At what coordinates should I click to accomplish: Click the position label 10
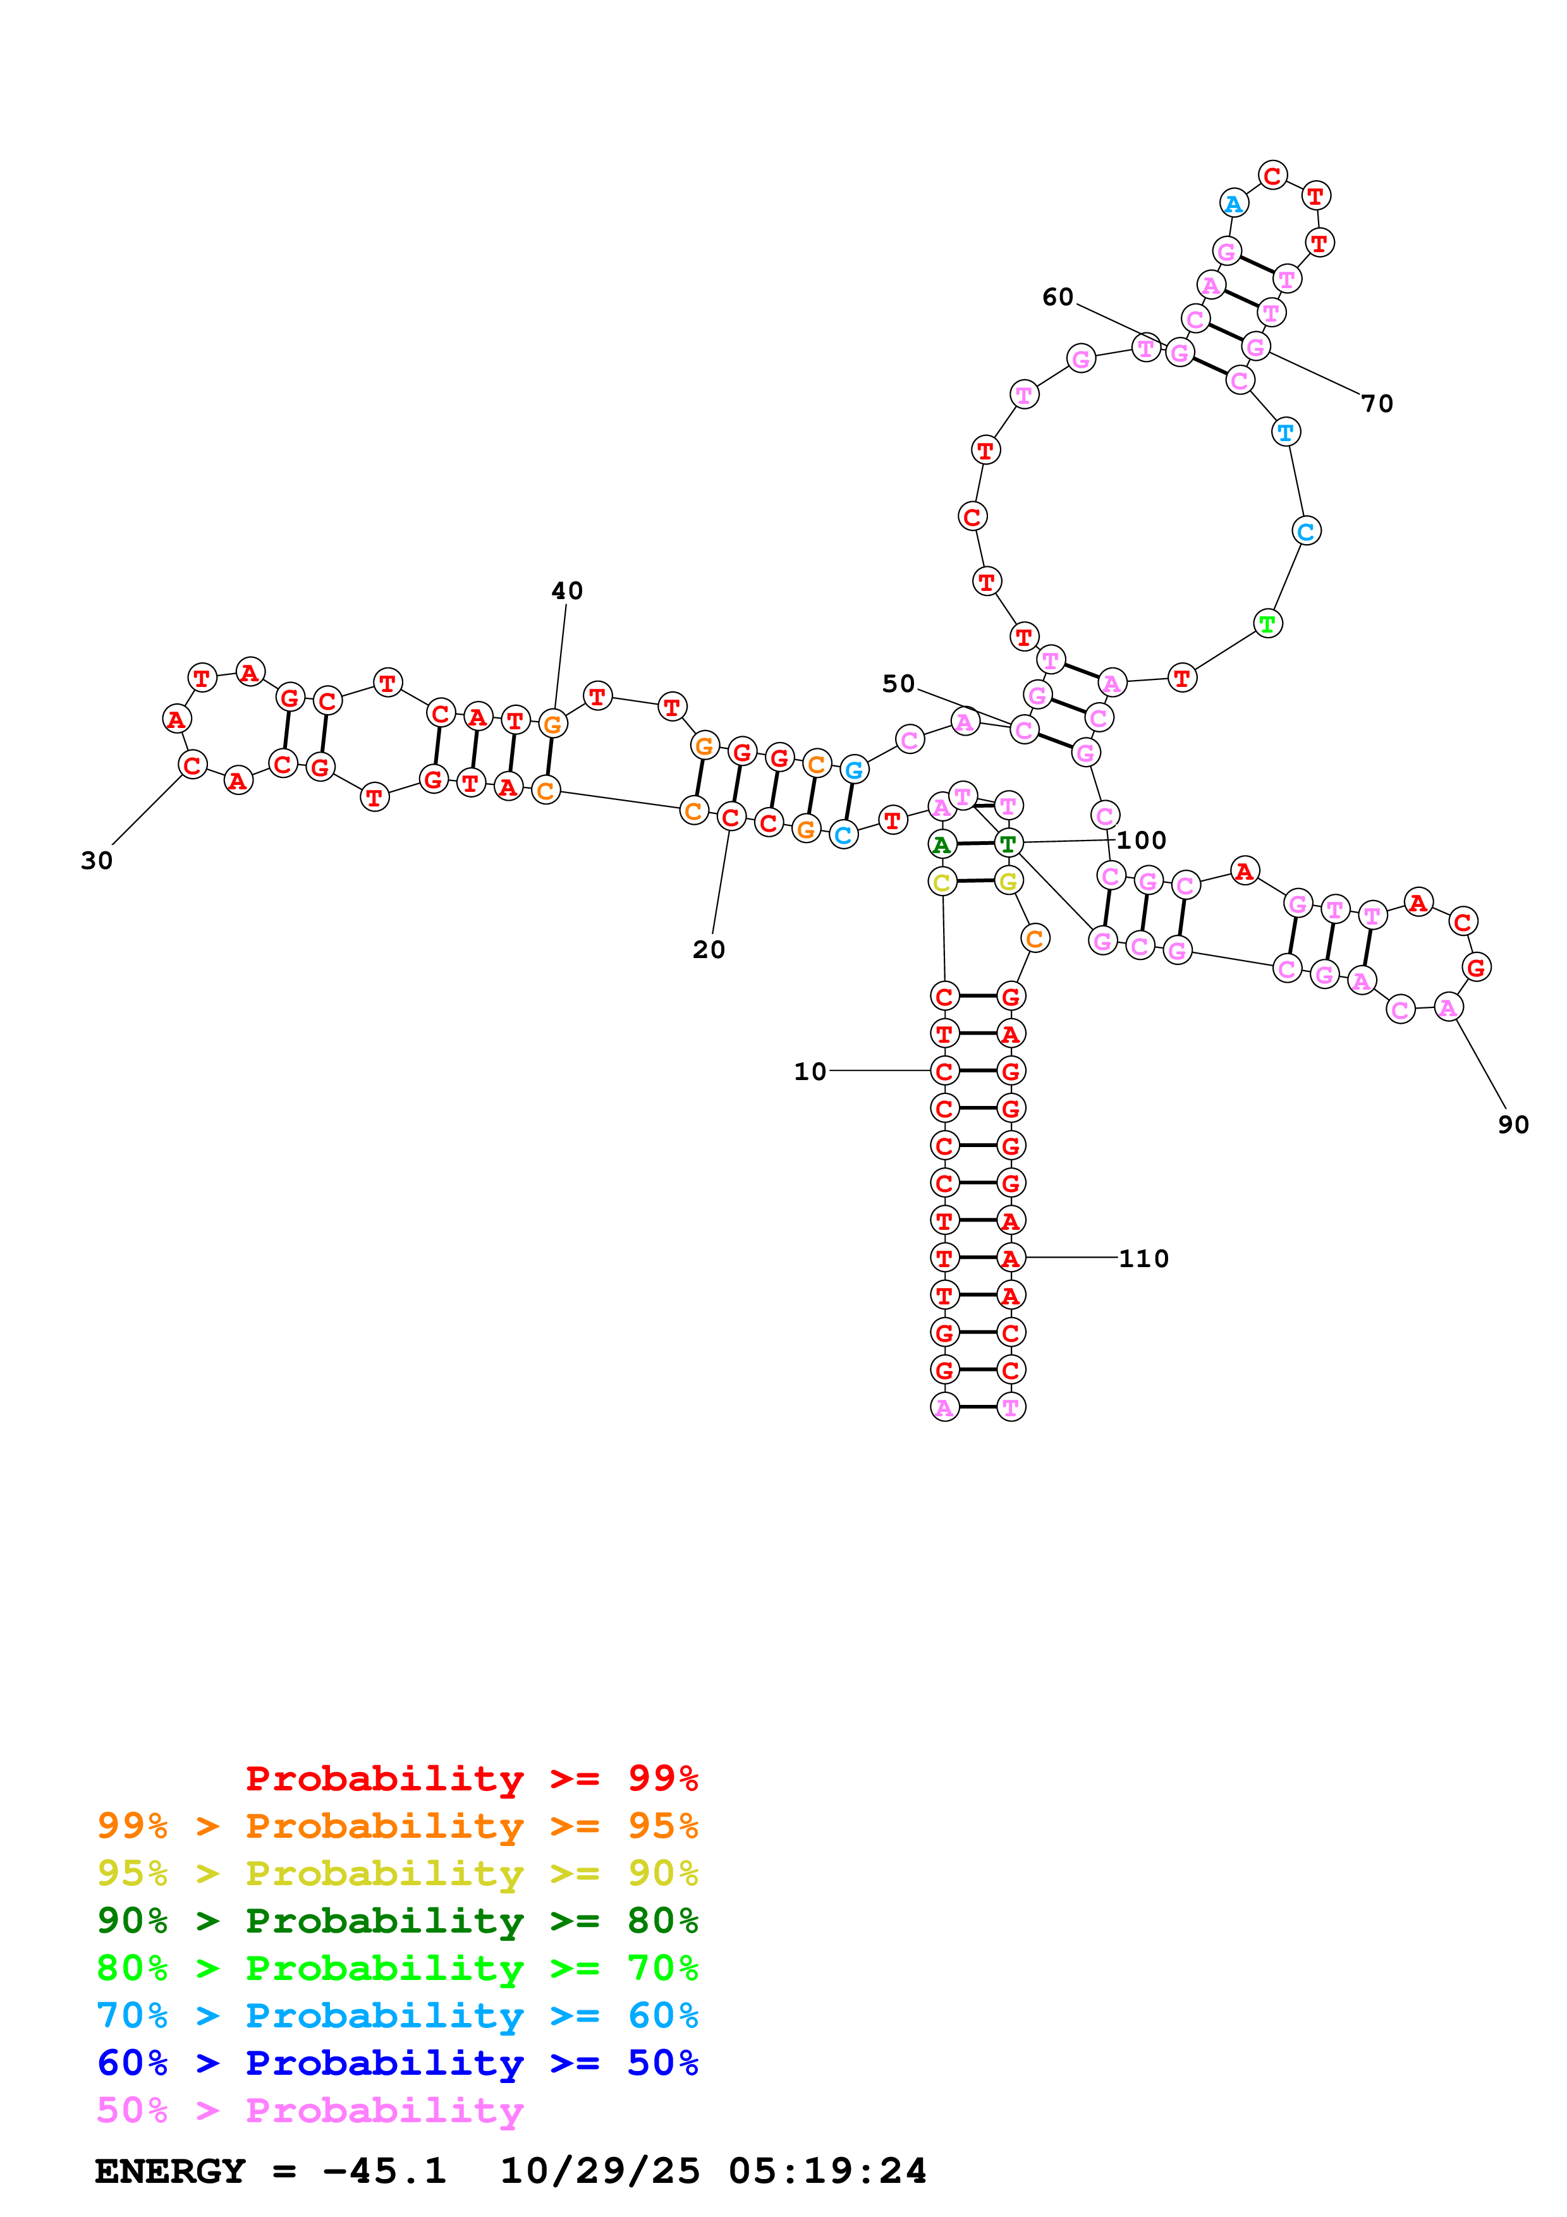coord(810,1072)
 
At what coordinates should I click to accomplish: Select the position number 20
coord(709,950)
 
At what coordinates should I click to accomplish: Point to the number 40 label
coord(567,591)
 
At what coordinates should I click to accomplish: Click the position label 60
coord(1058,298)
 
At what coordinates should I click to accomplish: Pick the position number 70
coord(1378,404)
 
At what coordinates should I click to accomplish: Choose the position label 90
coord(1513,1125)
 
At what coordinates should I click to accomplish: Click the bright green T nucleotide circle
coord(1268,624)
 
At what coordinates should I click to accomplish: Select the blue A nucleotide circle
coord(1234,203)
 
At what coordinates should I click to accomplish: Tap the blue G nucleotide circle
coord(853,770)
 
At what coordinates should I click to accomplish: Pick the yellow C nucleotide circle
coord(942,882)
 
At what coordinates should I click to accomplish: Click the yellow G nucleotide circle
coord(1009,880)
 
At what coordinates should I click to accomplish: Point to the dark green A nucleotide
coord(941,845)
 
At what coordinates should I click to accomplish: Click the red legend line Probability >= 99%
coord(471,1778)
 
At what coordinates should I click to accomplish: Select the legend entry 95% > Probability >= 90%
coord(397,1873)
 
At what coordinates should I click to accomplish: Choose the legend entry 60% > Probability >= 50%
coord(397,2063)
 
